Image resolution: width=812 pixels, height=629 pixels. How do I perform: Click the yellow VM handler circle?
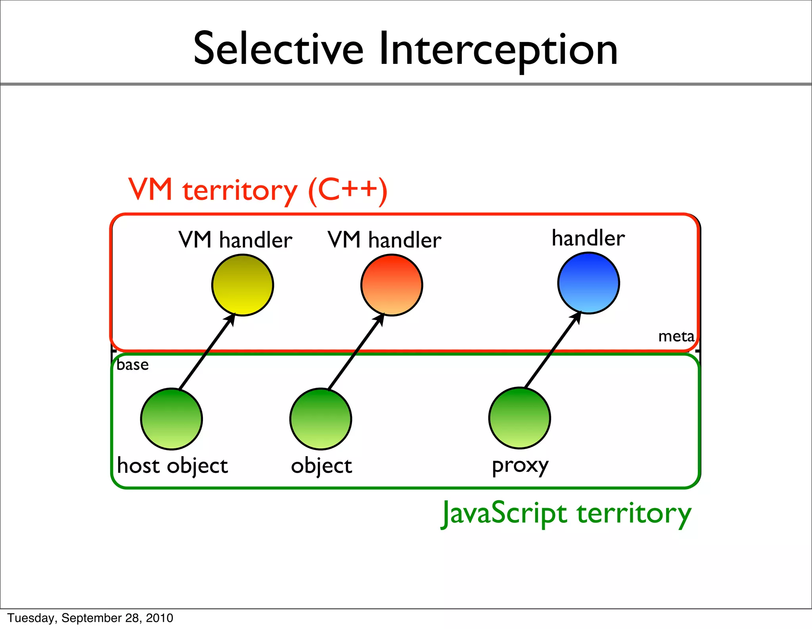243,285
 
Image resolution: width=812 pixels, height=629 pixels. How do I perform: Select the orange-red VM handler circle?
392,285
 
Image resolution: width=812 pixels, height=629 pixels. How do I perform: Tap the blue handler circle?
588,283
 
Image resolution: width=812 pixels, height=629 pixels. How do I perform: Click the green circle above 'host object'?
172,419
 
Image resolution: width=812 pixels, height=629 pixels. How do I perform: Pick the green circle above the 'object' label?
321,419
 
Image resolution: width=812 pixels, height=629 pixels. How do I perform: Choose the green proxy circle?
519,418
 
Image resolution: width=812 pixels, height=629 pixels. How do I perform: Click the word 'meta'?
676,336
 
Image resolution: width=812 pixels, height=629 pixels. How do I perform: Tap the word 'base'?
133,365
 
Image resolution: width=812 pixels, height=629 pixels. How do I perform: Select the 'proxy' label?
520,466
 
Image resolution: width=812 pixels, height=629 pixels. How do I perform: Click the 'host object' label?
172,466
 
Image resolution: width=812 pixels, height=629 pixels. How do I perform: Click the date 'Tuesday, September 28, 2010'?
90,618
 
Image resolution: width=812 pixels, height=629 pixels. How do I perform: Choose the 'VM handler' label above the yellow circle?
235,240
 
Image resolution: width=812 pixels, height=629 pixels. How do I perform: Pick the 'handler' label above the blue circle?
588,238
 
